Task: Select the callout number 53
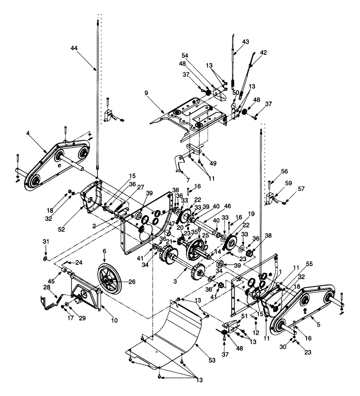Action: (x=212, y=360)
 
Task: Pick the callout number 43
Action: (x=246, y=42)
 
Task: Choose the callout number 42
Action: (x=263, y=52)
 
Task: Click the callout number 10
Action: (x=114, y=320)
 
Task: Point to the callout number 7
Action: (x=188, y=180)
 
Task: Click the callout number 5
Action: (x=318, y=324)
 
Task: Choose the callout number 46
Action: (x=227, y=206)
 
